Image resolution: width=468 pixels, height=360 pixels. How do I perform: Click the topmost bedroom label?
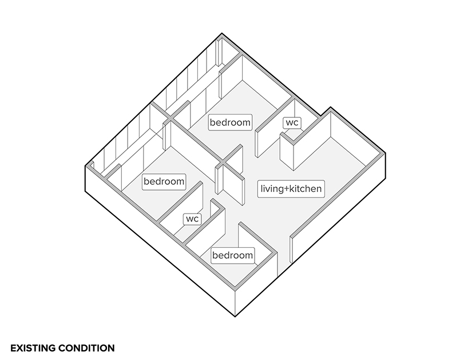coord(230,122)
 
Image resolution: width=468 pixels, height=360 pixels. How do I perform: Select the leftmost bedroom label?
coord(164,181)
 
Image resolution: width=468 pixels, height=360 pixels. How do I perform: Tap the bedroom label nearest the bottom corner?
coord(233,255)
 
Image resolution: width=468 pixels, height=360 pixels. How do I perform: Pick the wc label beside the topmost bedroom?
coord(292,122)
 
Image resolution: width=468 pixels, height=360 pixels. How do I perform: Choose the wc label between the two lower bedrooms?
coord(192,219)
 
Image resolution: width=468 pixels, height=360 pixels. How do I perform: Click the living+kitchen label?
coord(291,189)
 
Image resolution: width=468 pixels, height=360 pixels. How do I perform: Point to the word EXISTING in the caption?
coord(33,348)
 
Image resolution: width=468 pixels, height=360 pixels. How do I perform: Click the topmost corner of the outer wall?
coord(222,33)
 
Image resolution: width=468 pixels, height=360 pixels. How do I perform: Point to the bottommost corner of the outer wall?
coord(235,317)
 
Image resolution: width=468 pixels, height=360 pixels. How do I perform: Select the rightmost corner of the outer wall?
coord(385,153)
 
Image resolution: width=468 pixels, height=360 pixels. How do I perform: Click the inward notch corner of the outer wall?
coord(321,116)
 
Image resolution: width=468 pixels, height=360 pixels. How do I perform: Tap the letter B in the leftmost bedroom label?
coord(146,181)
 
